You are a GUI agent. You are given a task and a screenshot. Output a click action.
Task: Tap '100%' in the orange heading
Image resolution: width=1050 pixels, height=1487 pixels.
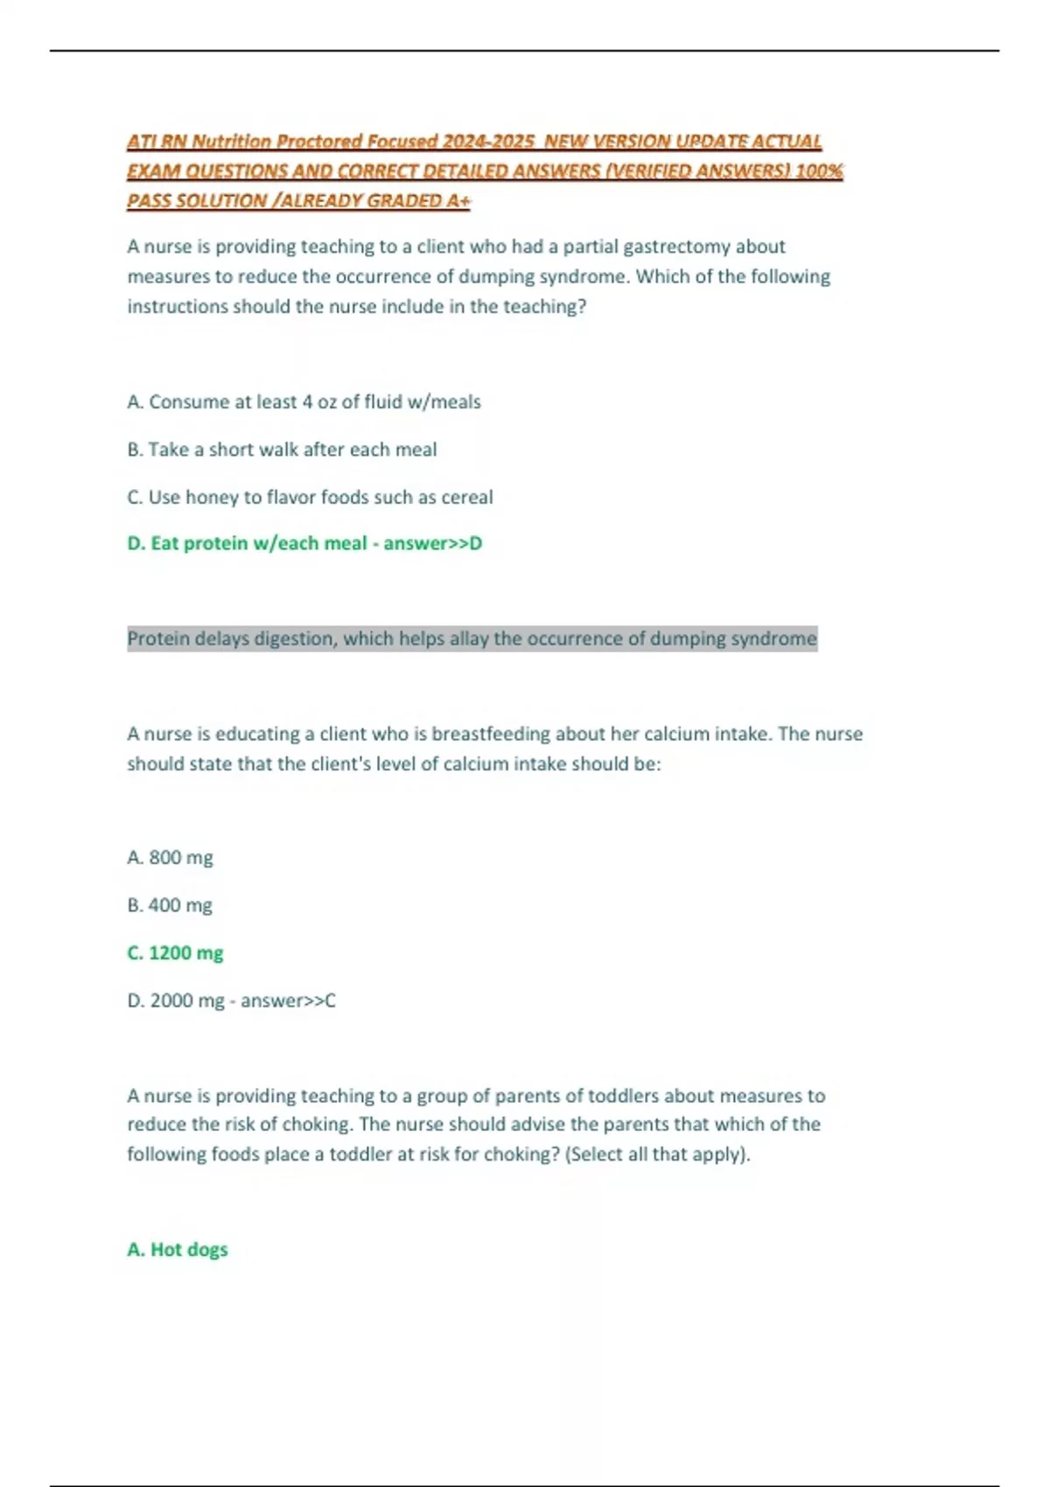[819, 171]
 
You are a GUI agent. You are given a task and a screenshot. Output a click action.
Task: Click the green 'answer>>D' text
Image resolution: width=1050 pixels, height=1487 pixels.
[432, 543]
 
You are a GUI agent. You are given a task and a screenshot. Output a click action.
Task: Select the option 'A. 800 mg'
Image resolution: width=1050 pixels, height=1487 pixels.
[170, 858]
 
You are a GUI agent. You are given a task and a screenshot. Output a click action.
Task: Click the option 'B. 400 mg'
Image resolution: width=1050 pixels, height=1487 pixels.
[170, 905]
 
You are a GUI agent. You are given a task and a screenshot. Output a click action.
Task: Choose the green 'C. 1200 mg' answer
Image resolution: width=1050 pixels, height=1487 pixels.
[175, 953]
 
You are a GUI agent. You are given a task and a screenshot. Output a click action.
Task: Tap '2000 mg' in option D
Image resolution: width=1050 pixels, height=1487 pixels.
[187, 1001]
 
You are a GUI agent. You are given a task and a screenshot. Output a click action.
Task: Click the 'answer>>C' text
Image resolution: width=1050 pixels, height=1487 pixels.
[288, 1001]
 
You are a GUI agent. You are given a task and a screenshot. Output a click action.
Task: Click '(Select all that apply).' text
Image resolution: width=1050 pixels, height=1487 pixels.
[658, 1155]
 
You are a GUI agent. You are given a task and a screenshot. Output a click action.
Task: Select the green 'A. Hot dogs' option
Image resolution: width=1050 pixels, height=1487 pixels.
[177, 1250]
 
